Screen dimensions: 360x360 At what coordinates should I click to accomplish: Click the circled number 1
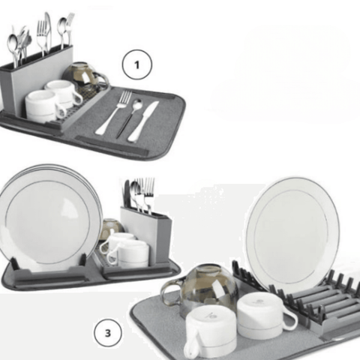click(137, 65)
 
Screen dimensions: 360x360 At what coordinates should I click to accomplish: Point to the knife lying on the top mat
click(143, 121)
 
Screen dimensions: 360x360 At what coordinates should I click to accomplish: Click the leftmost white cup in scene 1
click(40, 105)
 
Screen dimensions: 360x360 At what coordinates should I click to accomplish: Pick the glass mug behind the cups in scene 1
click(82, 75)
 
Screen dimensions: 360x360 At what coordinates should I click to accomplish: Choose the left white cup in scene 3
click(210, 330)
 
